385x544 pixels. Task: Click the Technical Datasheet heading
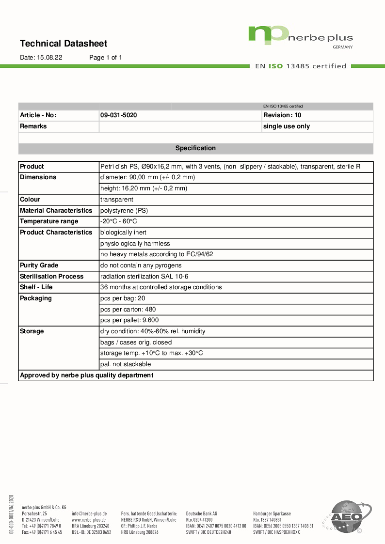(64, 44)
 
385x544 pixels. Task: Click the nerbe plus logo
(301, 36)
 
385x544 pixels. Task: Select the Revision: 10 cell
(282, 115)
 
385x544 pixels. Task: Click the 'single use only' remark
(286, 126)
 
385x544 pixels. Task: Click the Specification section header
(195, 148)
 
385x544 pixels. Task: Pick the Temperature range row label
(49, 221)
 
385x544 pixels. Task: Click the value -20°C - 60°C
(119, 221)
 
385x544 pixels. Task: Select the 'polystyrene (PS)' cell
(124, 211)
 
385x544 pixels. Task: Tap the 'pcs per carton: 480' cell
(128, 310)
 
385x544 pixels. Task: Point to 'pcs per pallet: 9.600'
(129, 320)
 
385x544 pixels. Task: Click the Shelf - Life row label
(36, 287)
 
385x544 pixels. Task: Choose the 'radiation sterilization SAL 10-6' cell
(144, 277)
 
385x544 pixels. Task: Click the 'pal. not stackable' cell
(126, 364)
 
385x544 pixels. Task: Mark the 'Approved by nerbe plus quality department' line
(86, 375)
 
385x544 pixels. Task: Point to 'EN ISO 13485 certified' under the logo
(301, 66)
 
